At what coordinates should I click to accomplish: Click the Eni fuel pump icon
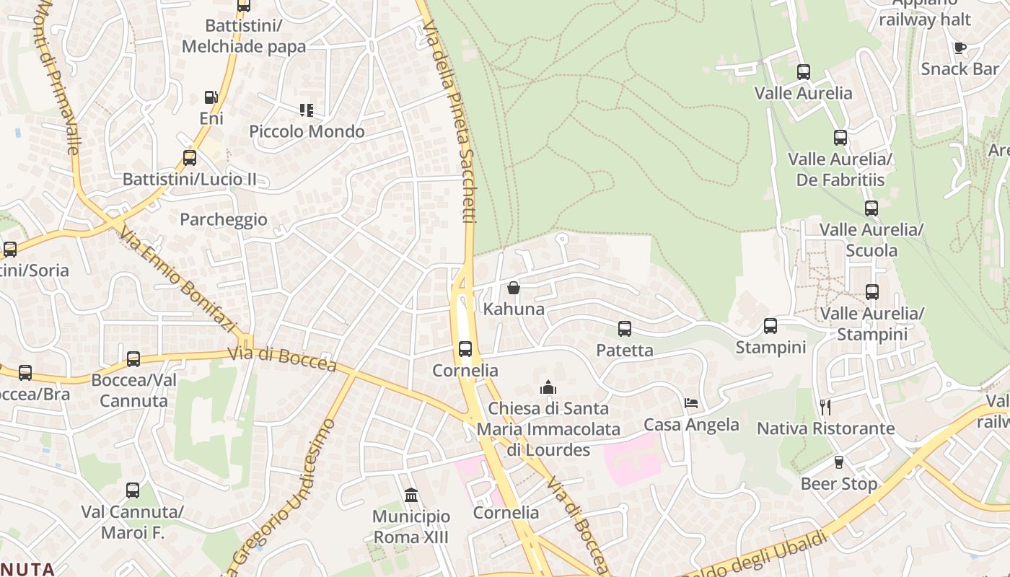211,97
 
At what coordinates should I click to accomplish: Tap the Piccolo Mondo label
307,131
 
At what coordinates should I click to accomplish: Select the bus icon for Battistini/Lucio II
190,157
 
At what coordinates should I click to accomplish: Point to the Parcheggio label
224,219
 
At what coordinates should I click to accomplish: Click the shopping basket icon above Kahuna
514,288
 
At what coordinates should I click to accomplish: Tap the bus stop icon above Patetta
625,329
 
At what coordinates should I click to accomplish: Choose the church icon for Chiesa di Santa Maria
548,387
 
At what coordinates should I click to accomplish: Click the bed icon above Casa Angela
691,402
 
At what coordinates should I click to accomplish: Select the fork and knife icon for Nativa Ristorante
825,408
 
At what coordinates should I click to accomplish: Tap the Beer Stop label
839,483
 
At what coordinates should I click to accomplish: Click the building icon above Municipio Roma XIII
411,495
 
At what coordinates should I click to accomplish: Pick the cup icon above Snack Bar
959,48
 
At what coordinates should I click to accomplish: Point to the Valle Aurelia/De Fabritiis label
840,169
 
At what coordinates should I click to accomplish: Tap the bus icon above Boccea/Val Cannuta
133,358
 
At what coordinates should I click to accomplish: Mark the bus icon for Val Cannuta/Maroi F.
133,490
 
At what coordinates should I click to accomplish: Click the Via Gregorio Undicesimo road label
281,498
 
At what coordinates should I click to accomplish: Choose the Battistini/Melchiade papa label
244,36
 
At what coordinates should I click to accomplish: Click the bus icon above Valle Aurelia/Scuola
871,208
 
